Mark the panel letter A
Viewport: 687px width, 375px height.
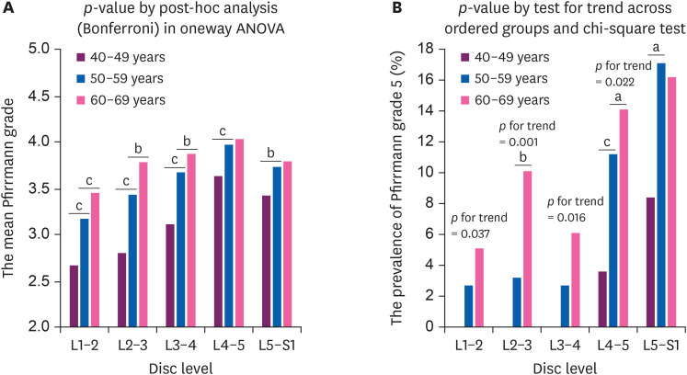[8, 8]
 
